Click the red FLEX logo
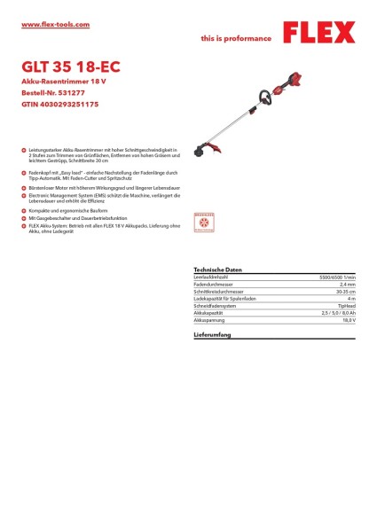coord(318,34)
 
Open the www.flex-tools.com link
coord(55,25)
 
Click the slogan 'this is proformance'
coord(237,39)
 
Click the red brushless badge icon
coord(204,222)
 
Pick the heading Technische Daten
coord(217,269)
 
